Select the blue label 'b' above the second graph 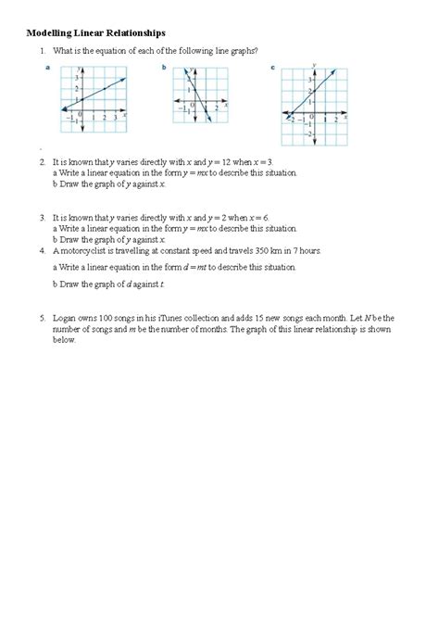click(x=165, y=69)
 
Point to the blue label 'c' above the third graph click(x=272, y=69)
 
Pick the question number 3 click(x=42, y=217)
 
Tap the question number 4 click(x=42, y=250)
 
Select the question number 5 click(x=42, y=318)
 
